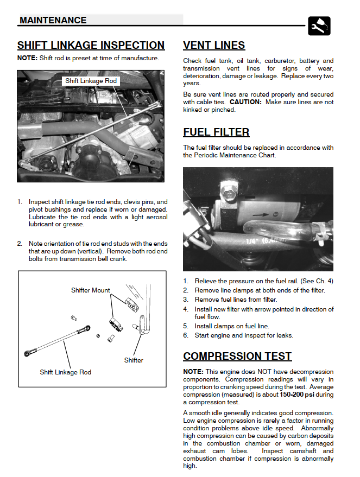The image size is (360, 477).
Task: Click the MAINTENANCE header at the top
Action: (x=53, y=20)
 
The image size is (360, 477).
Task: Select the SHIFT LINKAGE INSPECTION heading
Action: (x=91, y=46)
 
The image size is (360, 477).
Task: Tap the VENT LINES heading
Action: (x=214, y=46)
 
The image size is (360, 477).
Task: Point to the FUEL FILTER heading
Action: (x=216, y=132)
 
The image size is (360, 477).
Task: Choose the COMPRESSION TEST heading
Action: (x=237, y=357)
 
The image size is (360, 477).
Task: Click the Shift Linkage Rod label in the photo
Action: (x=91, y=81)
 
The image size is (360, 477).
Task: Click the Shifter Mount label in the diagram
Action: (x=90, y=290)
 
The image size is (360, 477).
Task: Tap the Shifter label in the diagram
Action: (x=134, y=360)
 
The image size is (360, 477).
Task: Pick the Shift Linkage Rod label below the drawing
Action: (x=65, y=372)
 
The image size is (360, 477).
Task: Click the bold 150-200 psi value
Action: (x=298, y=395)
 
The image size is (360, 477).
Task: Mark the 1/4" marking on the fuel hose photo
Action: (x=252, y=240)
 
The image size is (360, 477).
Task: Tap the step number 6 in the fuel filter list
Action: (x=186, y=335)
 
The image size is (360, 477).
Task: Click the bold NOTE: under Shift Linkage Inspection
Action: (x=27, y=58)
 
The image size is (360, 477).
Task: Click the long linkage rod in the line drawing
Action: (x=57, y=341)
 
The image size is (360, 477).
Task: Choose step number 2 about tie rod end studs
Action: (x=20, y=244)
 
